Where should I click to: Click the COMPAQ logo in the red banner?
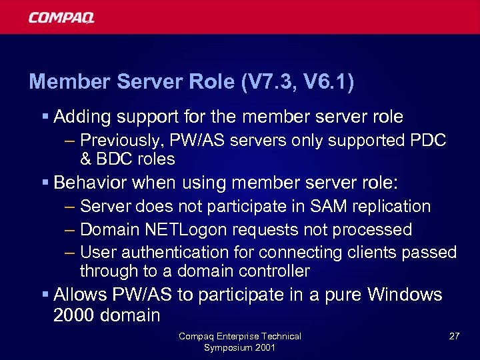coord(61,17)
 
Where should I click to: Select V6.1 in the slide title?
coord(328,82)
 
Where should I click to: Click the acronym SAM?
coord(326,207)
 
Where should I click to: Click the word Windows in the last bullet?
coord(404,294)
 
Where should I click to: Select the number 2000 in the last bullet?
coord(73,315)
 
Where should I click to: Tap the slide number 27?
coord(454,337)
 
